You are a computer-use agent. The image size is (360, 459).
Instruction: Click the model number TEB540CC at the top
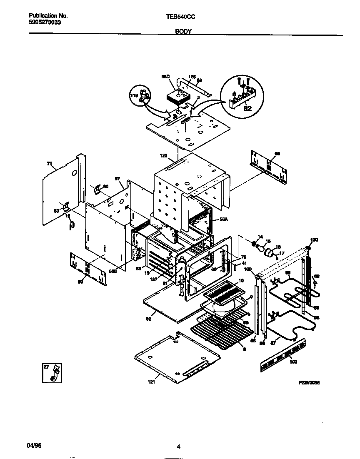click(x=180, y=16)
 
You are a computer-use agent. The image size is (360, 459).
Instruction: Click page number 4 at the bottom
click(x=179, y=447)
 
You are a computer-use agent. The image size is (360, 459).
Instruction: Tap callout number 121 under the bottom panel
click(x=151, y=381)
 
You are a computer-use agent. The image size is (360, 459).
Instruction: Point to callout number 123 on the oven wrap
click(x=163, y=156)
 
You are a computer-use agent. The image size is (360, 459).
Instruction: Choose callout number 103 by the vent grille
click(x=293, y=362)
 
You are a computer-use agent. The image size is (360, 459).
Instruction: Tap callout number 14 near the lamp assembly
click(x=260, y=237)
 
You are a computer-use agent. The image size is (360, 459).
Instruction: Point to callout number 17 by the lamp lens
click(x=281, y=252)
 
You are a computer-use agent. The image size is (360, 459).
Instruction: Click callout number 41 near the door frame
click(x=243, y=262)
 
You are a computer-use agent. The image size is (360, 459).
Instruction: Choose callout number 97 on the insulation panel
click(x=118, y=178)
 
